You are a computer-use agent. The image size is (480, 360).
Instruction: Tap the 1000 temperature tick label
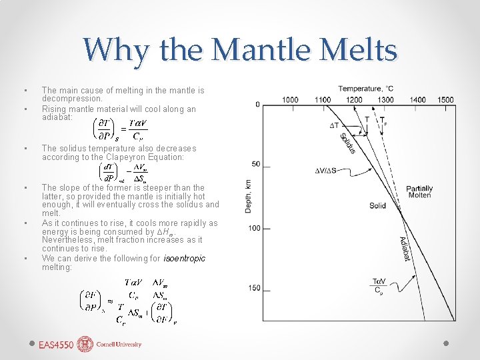290,100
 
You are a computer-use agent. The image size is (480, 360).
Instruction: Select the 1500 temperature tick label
446,100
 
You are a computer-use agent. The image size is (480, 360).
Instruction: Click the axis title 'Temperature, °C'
366,89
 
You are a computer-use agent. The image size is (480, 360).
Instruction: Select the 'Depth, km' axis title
248,195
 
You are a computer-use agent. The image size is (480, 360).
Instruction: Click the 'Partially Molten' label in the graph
419,192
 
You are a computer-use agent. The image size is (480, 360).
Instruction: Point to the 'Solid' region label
377,206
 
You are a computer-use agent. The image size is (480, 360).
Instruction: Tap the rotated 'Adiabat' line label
403,248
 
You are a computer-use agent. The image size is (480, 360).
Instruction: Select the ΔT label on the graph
335,125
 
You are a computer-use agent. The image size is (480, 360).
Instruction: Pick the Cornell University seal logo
85,344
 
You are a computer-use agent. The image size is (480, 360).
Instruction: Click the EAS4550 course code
56,345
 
